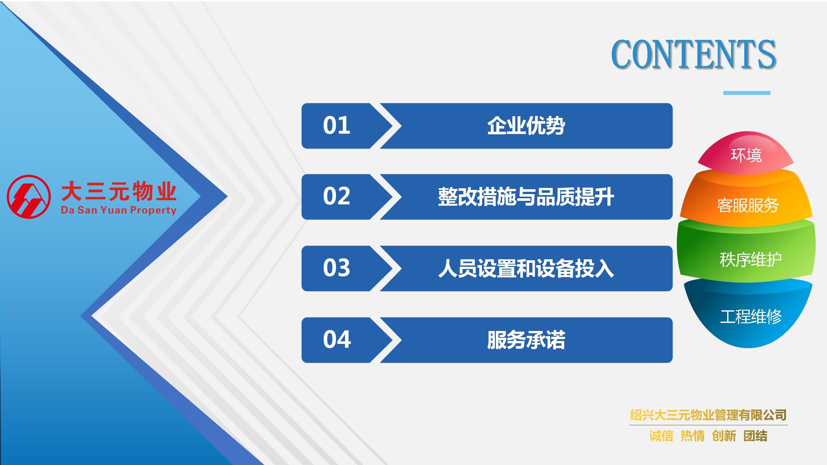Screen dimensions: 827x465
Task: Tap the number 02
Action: pos(337,196)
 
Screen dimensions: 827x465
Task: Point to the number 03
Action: pos(337,268)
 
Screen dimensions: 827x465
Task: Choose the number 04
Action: pos(337,339)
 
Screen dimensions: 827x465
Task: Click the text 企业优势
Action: pos(526,126)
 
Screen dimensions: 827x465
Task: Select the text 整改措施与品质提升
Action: pos(526,197)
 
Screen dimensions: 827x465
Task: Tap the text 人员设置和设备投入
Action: pos(526,268)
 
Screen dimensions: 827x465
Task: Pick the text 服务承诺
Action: pos(526,340)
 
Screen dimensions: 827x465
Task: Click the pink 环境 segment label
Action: pos(746,155)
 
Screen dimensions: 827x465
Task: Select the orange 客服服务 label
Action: pos(748,205)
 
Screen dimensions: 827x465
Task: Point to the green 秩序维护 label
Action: pos(750,259)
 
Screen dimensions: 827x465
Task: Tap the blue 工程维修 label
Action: pos(751,316)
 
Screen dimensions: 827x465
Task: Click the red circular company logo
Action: pos(29,197)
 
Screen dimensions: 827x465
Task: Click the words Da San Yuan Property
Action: pos(119,211)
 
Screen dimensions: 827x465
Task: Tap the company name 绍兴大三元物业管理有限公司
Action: pos(708,415)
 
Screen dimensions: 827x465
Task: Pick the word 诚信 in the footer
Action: pos(661,436)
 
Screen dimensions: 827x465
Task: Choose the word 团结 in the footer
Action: pos(755,436)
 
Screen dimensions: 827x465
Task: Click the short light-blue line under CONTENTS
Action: pos(747,93)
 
